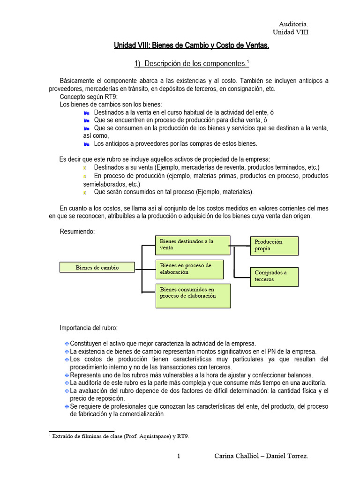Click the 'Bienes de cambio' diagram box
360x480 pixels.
97,267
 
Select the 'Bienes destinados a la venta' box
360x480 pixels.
192,244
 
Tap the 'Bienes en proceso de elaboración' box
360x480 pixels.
189,269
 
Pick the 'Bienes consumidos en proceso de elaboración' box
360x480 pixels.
193,295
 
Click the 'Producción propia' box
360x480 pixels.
274,245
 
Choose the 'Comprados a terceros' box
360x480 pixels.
274,276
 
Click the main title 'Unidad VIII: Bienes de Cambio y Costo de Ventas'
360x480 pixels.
192,45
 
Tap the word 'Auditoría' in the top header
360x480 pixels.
294,24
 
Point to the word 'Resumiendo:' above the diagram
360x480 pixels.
77,231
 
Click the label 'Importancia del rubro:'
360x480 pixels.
89,327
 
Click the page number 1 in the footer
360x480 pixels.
179,456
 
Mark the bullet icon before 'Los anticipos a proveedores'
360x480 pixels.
86,144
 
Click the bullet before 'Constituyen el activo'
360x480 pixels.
67,344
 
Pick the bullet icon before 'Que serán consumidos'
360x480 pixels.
85,192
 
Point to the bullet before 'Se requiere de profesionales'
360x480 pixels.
67,406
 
